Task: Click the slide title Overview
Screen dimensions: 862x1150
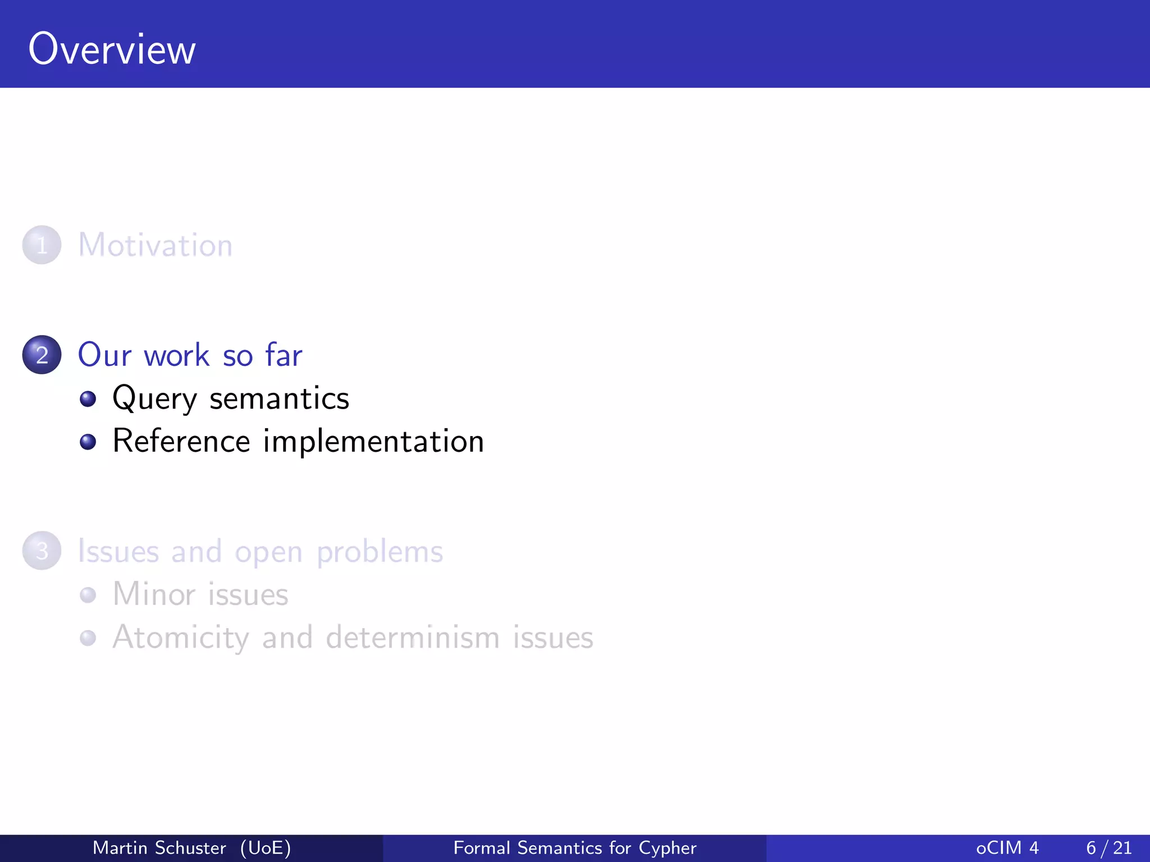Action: click(x=112, y=49)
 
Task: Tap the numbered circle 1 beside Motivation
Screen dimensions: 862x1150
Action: click(x=42, y=245)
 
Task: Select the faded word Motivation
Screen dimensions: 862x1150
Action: click(x=155, y=245)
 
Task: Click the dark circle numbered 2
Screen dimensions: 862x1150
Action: click(x=42, y=355)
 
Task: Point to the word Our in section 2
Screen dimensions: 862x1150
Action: click(x=104, y=355)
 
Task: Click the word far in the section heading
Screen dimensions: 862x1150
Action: click(x=284, y=355)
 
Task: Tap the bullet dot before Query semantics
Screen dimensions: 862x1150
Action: click(x=88, y=399)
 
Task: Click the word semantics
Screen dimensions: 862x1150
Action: click(x=279, y=398)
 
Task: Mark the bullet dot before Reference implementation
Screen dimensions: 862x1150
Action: click(x=88, y=442)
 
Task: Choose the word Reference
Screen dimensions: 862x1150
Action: click(x=181, y=441)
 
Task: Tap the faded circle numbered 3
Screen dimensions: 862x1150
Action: click(x=42, y=551)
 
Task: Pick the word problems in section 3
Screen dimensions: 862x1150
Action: click(x=380, y=552)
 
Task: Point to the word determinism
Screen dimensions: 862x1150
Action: click(x=413, y=638)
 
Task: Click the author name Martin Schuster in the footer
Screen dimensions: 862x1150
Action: click(x=159, y=847)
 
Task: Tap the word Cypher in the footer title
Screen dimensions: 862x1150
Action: click(x=667, y=848)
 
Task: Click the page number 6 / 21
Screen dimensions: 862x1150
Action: click(x=1109, y=847)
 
